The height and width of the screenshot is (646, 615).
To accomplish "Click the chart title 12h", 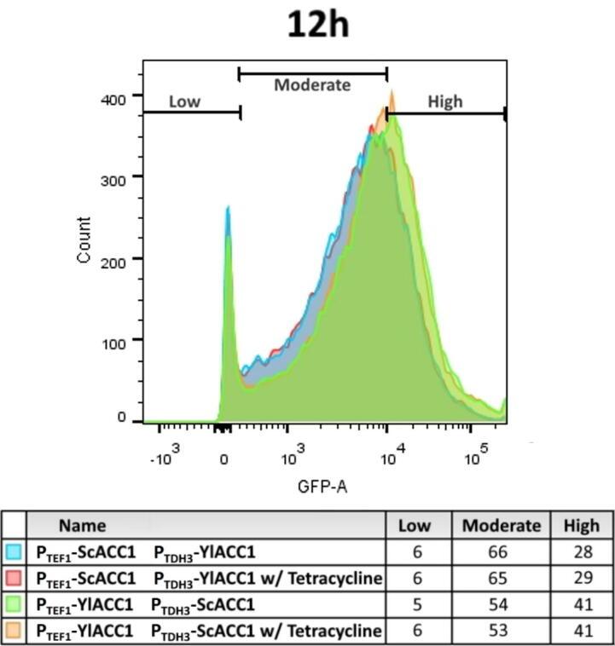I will tap(317, 25).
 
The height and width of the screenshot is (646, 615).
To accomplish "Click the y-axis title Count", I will tap(84, 240).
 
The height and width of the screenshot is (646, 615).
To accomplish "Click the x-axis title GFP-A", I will tap(322, 487).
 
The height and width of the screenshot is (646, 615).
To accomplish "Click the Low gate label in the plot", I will tap(184, 101).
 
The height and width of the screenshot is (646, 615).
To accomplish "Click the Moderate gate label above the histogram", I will tap(312, 84).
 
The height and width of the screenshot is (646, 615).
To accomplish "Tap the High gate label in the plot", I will tap(444, 101).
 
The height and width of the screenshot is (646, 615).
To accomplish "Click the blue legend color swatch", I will tap(13, 552).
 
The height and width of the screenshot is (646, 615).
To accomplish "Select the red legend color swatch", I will tap(13, 579).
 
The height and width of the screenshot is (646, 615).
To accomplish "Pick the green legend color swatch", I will tap(13, 604).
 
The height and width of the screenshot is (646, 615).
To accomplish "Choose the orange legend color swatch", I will tap(13, 631).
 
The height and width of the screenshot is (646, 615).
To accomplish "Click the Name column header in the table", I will tap(83, 526).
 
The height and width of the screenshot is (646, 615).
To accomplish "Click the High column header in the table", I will tap(581, 526).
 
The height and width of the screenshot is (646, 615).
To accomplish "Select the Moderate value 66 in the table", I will tap(501, 552).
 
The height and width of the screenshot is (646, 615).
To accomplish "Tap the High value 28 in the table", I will tap(583, 552).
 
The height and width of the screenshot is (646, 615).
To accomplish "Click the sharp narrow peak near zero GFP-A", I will tap(228, 213).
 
